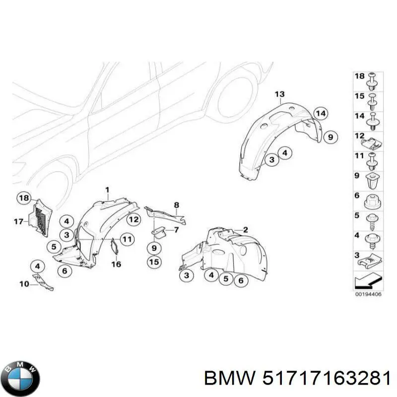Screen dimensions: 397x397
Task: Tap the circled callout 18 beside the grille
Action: [x=23, y=198]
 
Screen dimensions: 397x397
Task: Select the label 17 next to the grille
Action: [x=18, y=222]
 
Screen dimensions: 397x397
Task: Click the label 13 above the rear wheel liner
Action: [x=279, y=94]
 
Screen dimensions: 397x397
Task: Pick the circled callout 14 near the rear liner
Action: [x=321, y=113]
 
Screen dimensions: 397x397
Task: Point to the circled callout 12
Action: [x=133, y=219]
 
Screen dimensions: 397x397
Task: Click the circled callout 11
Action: [x=128, y=239]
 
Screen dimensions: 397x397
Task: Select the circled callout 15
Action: [x=154, y=262]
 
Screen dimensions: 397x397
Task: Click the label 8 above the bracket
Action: [x=176, y=204]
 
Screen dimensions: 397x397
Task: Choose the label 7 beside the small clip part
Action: [x=175, y=230]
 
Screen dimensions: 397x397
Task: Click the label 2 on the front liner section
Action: [x=245, y=229]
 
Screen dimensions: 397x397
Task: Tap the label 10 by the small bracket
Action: [x=24, y=284]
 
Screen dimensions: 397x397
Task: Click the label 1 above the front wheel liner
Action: [x=107, y=189]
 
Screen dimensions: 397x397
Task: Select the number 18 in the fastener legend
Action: [x=359, y=76]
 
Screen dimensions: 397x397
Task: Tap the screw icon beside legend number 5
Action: [x=373, y=219]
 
